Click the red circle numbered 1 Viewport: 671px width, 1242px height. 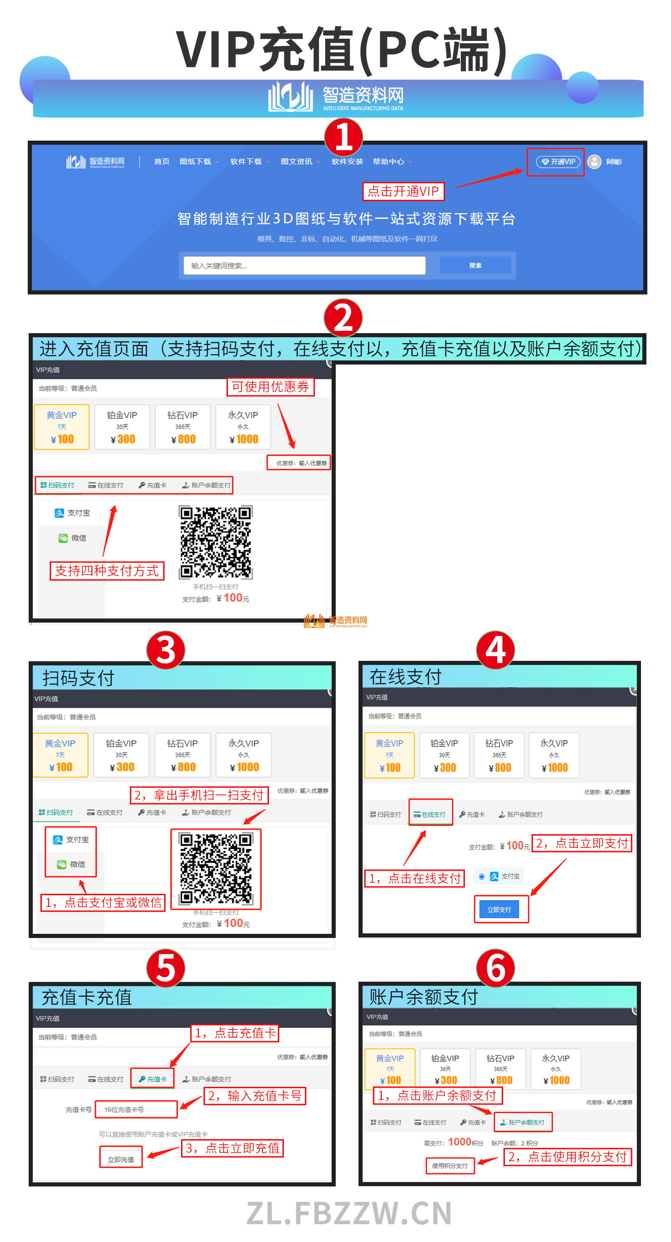tap(343, 137)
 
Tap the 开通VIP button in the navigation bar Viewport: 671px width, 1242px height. tap(558, 162)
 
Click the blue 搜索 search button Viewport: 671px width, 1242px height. tap(475, 266)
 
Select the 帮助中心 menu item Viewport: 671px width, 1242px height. tap(388, 162)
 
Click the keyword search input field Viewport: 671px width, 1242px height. tap(304, 266)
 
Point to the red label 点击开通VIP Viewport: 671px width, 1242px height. tap(403, 192)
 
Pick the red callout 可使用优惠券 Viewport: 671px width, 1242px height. tap(270, 387)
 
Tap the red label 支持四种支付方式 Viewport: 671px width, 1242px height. tap(107, 571)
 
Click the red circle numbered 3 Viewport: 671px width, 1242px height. tap(166, 650)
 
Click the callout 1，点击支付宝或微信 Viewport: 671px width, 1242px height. tap(103, 902)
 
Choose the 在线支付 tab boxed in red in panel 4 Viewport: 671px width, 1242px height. tap(430, 814)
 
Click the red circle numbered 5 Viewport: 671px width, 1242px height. tap(166, 968)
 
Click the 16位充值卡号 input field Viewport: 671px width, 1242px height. tap(136, 1110)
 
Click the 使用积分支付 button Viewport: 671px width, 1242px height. tap(450, 1166)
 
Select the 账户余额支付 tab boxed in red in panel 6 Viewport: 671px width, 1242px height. tap(523, 1122)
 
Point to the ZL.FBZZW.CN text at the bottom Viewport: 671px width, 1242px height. tap(349, 1213)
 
